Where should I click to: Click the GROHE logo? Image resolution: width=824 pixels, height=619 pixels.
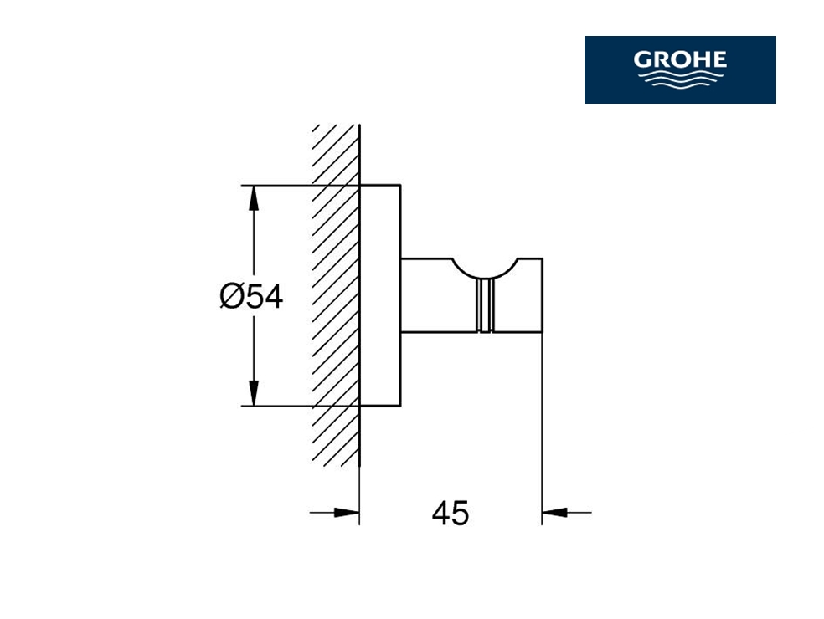(680, 69)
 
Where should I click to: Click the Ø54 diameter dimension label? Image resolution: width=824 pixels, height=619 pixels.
(251, 297)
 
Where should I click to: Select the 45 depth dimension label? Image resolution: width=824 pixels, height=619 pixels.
(451, 513)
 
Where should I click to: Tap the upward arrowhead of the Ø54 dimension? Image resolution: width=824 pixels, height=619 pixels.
(254, 198)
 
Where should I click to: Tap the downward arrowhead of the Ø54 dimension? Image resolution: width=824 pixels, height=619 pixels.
(254, 392)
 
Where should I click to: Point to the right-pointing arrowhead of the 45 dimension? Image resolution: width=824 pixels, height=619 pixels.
(347, 513)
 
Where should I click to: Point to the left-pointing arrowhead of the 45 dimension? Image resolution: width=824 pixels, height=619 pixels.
(554, 513)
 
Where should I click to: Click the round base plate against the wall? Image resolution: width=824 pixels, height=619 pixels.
(380, 295)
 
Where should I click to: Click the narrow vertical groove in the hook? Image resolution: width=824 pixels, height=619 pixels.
(485, 305)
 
